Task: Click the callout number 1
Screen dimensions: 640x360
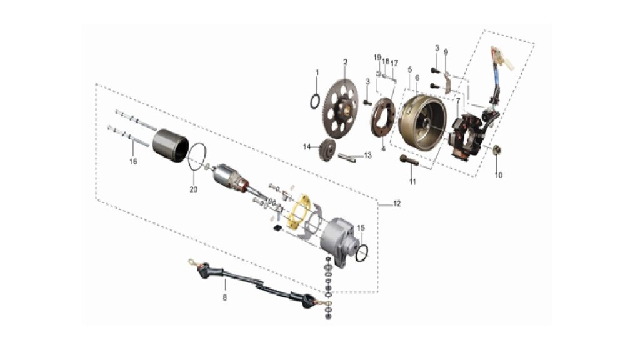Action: click(x=317, y=72)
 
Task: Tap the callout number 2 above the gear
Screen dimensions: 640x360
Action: click(x=345, y=62)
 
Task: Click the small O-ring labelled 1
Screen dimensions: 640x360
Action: click(x=315, y=102)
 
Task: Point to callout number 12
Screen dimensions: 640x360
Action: click(x=397, y=203)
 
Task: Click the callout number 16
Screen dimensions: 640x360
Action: click(x=133, y=161)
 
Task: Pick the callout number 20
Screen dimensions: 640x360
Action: click(x=194, y=189)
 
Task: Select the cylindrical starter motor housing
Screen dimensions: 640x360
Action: click(x=170, y=145)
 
